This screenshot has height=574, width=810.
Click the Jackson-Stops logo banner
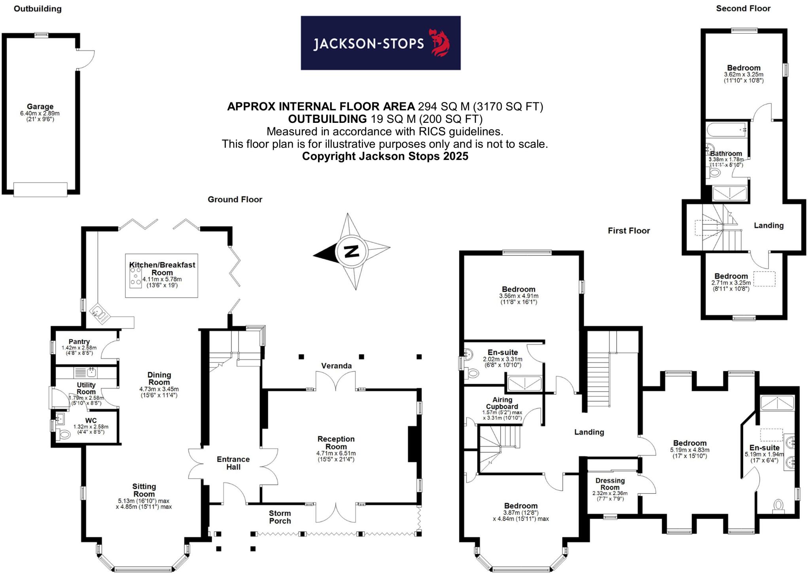380,43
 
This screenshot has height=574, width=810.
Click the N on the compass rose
352,251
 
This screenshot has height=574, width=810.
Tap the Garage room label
40,106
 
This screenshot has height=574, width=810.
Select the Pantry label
79,341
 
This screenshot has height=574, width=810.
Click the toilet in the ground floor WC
64,435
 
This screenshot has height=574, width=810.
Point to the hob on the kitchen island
136,276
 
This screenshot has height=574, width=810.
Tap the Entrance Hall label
233,463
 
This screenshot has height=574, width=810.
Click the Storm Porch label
280,517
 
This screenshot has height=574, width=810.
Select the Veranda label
336,366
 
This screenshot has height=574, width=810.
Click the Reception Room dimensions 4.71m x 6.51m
336,453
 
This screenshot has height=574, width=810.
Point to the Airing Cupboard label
502,403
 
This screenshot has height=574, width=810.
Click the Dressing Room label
610,484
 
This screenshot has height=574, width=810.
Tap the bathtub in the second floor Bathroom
727,130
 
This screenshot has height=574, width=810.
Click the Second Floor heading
743,8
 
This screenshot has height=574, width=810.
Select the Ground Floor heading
235,199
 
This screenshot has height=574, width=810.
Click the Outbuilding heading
38,9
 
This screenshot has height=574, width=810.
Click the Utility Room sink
91,372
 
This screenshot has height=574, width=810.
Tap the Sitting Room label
144,490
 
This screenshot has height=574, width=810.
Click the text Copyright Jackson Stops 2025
385,156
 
